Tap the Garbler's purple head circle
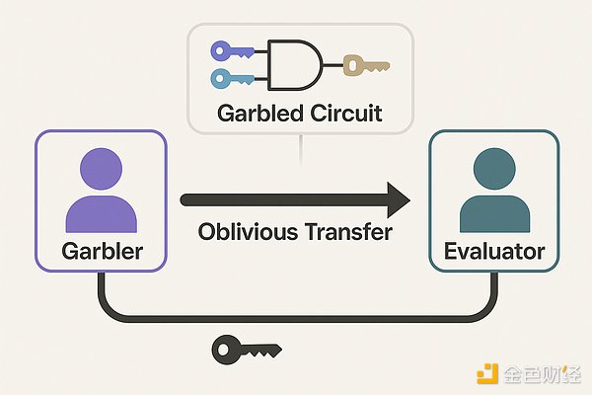coord(100,172)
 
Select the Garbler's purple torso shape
coord(100,213)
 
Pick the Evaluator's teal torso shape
coord(492,213)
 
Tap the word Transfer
coord(344,235)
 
